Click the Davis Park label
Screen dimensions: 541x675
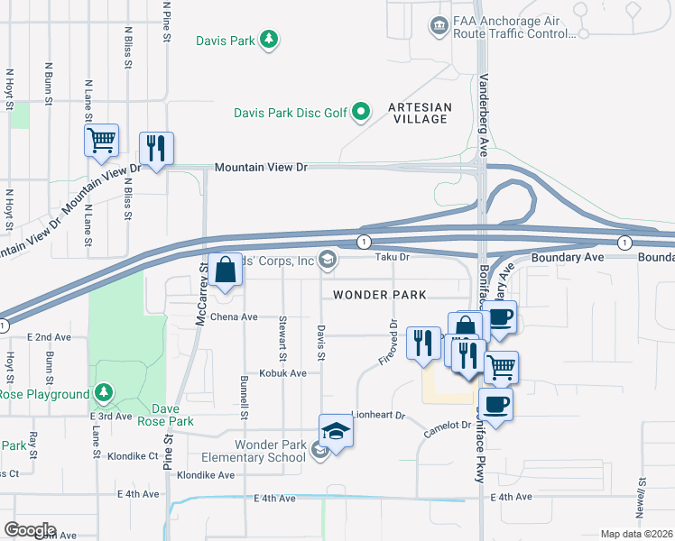point(226,40)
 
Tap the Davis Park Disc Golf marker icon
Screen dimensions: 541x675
point(361,112)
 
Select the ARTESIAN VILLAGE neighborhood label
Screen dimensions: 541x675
point(418,113)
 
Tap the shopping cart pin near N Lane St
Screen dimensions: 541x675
point(102,141)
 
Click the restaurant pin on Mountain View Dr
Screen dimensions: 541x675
point(156,149)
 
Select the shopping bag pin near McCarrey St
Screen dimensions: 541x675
point(225,270)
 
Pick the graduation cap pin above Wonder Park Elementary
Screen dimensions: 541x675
point(336,432)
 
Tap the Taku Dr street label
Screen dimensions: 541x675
point(393,257)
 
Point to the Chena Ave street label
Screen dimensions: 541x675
point(235,317)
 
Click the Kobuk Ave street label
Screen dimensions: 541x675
point(283,372)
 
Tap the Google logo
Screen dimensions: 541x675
point(30,530)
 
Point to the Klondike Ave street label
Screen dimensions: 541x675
point(206,475)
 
